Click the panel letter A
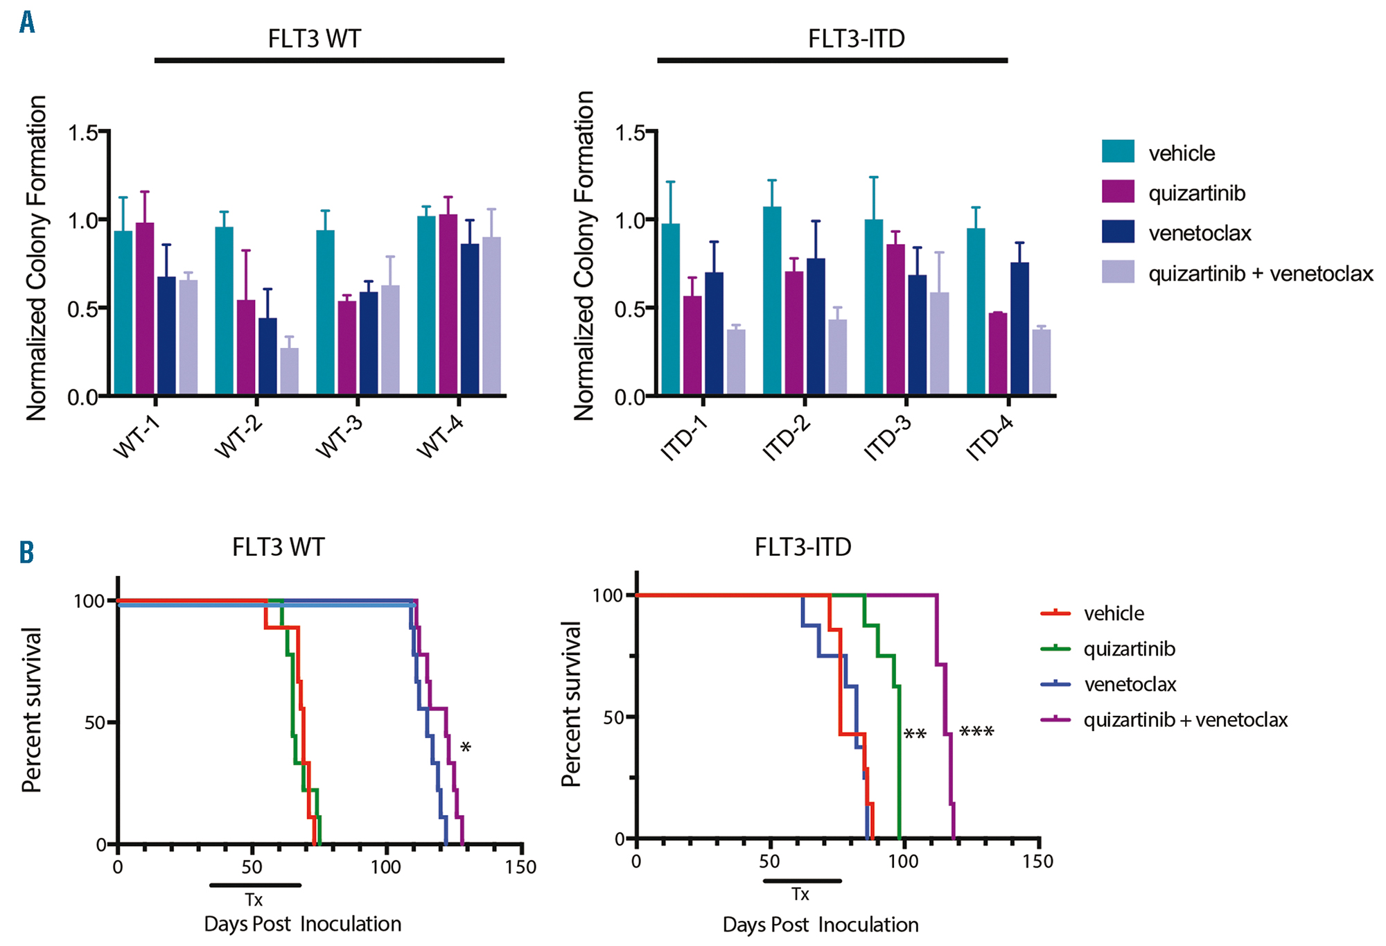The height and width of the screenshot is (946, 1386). point(27,22)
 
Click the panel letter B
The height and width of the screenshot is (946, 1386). point(26,552)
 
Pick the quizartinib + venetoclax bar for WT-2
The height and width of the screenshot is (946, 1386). point(290,371)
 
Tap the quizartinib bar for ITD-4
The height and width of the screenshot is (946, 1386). point(998,353)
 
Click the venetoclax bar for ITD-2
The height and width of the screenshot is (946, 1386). point(816,326)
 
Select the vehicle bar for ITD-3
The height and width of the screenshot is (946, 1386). point(874,307)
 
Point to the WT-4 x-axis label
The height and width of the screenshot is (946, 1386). point(439,437)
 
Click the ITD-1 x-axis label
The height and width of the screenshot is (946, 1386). point(684,439)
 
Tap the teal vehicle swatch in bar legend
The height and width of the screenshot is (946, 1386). point(1118,152)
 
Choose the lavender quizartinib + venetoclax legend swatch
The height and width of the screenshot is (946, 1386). point(1118,272)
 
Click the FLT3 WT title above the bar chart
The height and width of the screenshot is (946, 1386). point(314,39)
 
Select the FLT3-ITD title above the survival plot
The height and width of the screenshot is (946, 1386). point(802,548)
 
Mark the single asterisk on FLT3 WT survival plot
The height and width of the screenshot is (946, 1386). point(466,747)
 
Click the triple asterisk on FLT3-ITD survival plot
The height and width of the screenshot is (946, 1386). point(976,733)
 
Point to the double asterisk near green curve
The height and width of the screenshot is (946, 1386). point(915,735)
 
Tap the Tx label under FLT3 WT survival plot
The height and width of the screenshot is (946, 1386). point(254,900)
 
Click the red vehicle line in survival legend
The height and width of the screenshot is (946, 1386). point(1056,613)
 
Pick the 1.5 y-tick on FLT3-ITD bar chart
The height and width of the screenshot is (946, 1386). point(630,132)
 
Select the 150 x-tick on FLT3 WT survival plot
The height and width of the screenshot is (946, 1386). point(520,867)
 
